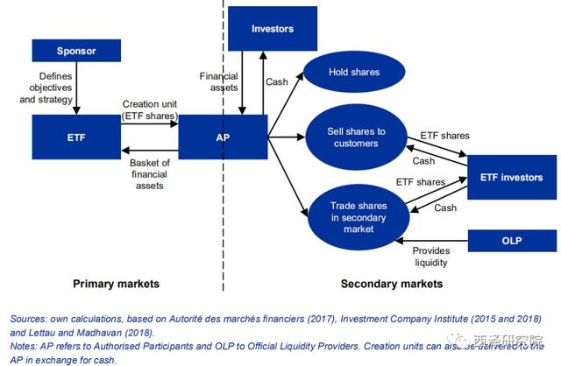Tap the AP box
pos(223,137)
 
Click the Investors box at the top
pos(272,29)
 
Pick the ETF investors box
pos(511,178)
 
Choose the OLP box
pos(511,238)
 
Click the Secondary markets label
pos(391,284)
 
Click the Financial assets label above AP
pos(218,82)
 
